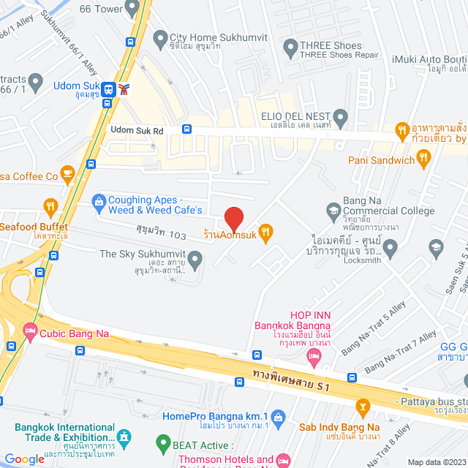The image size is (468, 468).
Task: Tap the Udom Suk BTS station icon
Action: point(108,89)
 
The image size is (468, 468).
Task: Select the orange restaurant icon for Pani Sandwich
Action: point(423,159)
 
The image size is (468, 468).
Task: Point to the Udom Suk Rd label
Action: point(137,129)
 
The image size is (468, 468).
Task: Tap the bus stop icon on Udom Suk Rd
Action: point(186,129)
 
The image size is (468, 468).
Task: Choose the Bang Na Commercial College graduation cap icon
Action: point(333,211)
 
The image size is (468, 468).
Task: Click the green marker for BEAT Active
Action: point(163,442)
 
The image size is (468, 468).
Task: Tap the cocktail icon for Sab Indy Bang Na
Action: point(362,406)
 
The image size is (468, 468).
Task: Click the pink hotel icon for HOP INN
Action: point(314,356)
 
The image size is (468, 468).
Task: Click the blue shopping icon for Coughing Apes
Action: point(98,200)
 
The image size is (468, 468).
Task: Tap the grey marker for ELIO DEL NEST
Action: point(340,116)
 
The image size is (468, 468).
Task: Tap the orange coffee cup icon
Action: point(68,173)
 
